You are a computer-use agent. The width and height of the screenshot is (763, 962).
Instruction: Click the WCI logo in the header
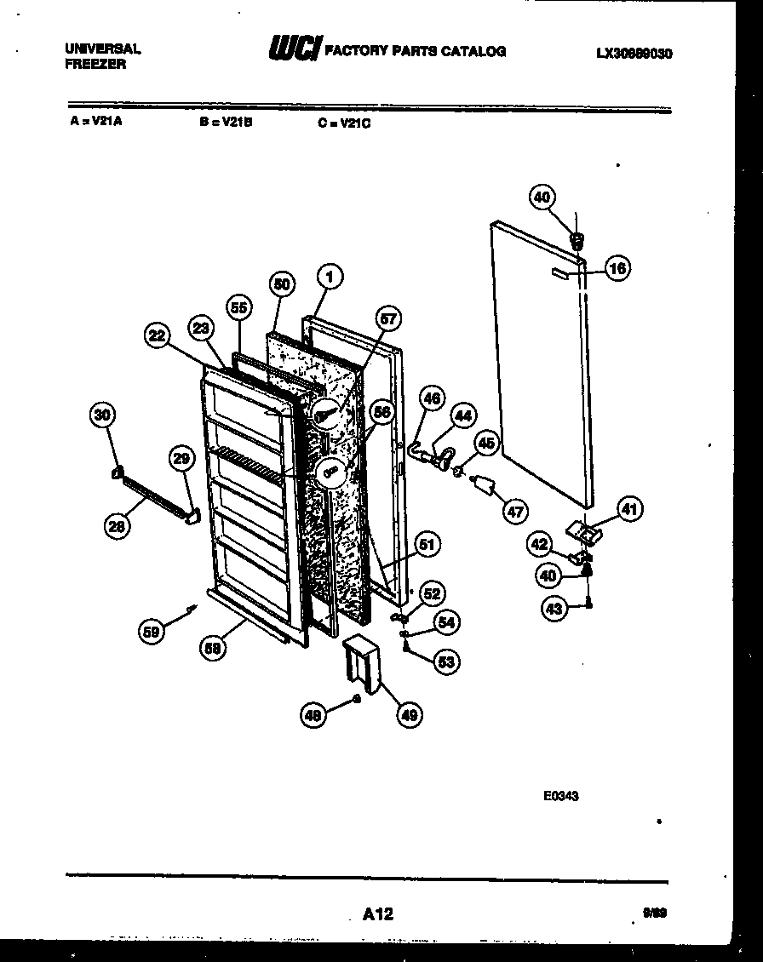click(x=293, y=50)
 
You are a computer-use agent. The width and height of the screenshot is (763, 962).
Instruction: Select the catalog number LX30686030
click(x=634, y=53)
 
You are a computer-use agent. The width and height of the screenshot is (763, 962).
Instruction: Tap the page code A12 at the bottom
click(x=377, y=914)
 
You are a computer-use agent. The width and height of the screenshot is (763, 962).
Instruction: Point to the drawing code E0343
click(x=561, y=798)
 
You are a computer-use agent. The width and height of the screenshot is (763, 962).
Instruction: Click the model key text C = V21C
click(x=345, y=123)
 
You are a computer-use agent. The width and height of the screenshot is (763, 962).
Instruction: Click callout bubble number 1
click(x=330, y=277)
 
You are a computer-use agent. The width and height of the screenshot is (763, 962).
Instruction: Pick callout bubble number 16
click(x=617, y=269)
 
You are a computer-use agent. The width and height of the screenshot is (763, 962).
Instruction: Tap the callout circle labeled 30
click(x=102, y=415)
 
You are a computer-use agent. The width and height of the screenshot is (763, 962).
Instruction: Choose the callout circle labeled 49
click(x=410, y=715)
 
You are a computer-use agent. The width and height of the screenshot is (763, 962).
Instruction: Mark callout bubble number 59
click(x=152, y=631)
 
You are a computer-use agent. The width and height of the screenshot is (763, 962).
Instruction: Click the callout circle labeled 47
click(x=515, y=511)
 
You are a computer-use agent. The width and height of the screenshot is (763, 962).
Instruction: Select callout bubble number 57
click(x=387, y=319)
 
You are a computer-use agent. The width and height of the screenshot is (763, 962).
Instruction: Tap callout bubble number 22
click(x=156, y=336)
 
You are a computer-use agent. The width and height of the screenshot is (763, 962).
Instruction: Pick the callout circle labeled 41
click(x=629, y=510)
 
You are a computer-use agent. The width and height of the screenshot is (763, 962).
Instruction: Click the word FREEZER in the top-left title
click(x=95, y=64)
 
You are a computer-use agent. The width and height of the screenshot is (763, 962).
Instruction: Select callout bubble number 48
click(x=314, y=717)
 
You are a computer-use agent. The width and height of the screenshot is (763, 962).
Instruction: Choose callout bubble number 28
click(x=118, y=528)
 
